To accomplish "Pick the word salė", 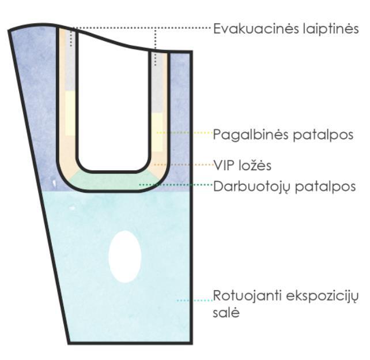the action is tap(226, 314).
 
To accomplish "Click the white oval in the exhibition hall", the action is tap(125, 257).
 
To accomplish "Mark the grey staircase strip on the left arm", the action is tap(70, 63).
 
